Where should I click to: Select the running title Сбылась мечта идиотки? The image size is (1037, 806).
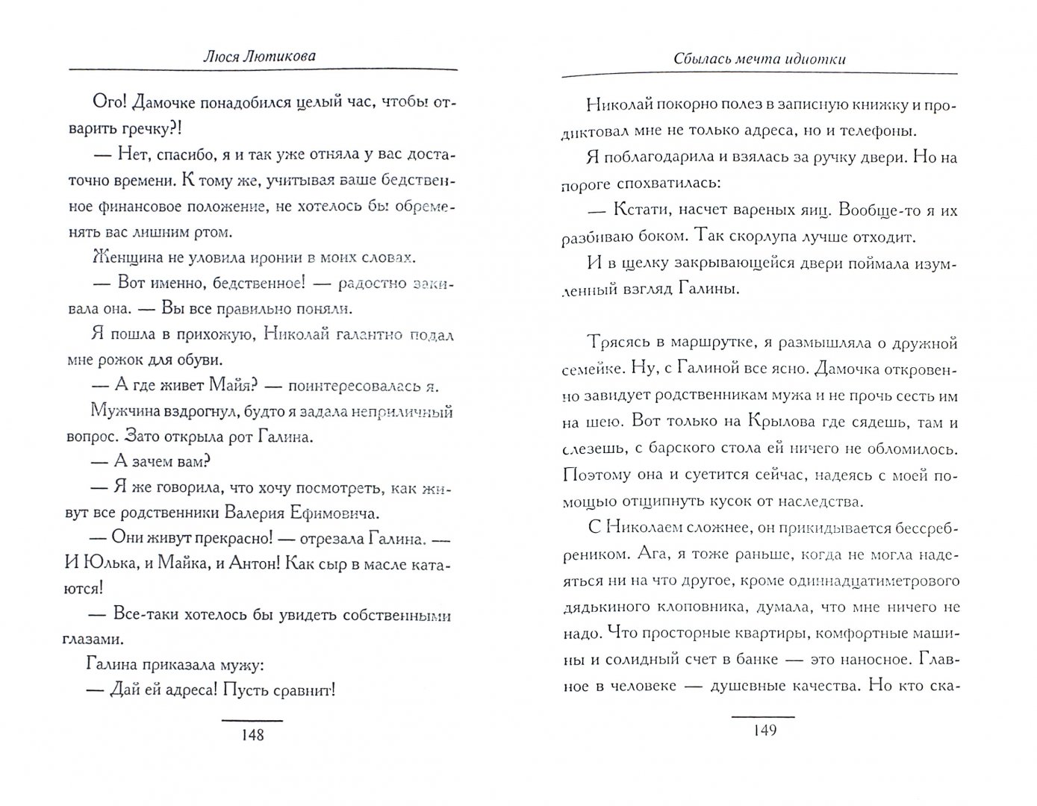click(759, 59)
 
